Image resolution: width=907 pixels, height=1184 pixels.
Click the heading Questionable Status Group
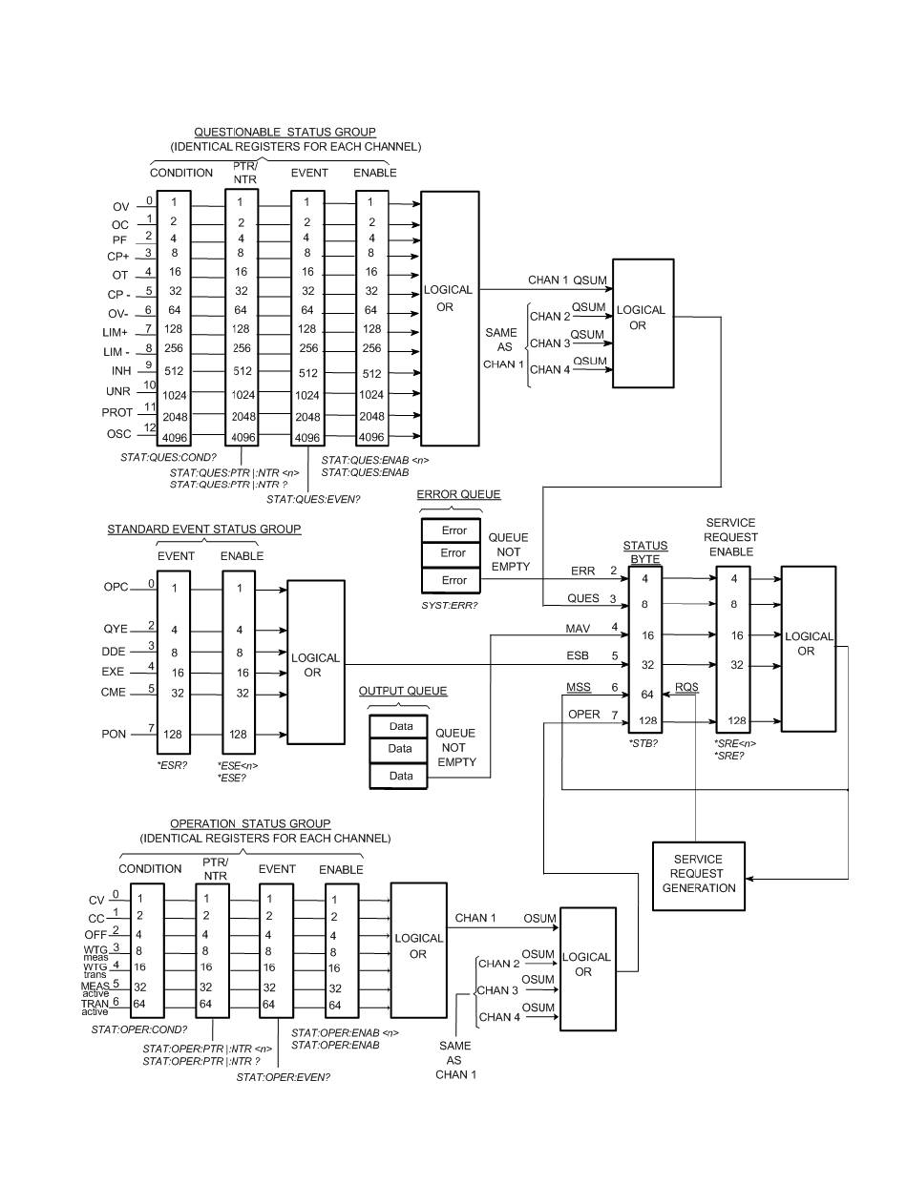pyautogui.click(x=285, y=132)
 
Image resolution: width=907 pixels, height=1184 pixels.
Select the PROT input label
pyautogui.click(x=116, y=413)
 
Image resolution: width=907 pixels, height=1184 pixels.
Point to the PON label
pyautogui.click(x=116, y=734)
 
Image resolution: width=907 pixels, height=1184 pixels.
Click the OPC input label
pyautogui.click(x=116, y=588)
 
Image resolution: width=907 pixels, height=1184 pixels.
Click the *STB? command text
pyautogui.click(x=643, y=741)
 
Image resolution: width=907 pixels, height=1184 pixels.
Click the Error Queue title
pyautogui.click(x=458, y=495)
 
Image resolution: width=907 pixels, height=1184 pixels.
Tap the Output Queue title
pyautogui.click(x=402, y=691)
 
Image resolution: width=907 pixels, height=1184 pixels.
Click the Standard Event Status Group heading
pyautogui.click(x=203, y=529)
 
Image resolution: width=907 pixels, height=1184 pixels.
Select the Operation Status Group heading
pyautogui.click(x=250, y=823)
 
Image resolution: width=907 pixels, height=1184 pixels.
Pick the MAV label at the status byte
pyautogui.click(x=580, y=628)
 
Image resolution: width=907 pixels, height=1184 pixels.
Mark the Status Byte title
pyautogui.click(x=645, y=551)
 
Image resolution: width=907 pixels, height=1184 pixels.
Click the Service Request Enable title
pyautogui.click(x=730, y=537)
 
